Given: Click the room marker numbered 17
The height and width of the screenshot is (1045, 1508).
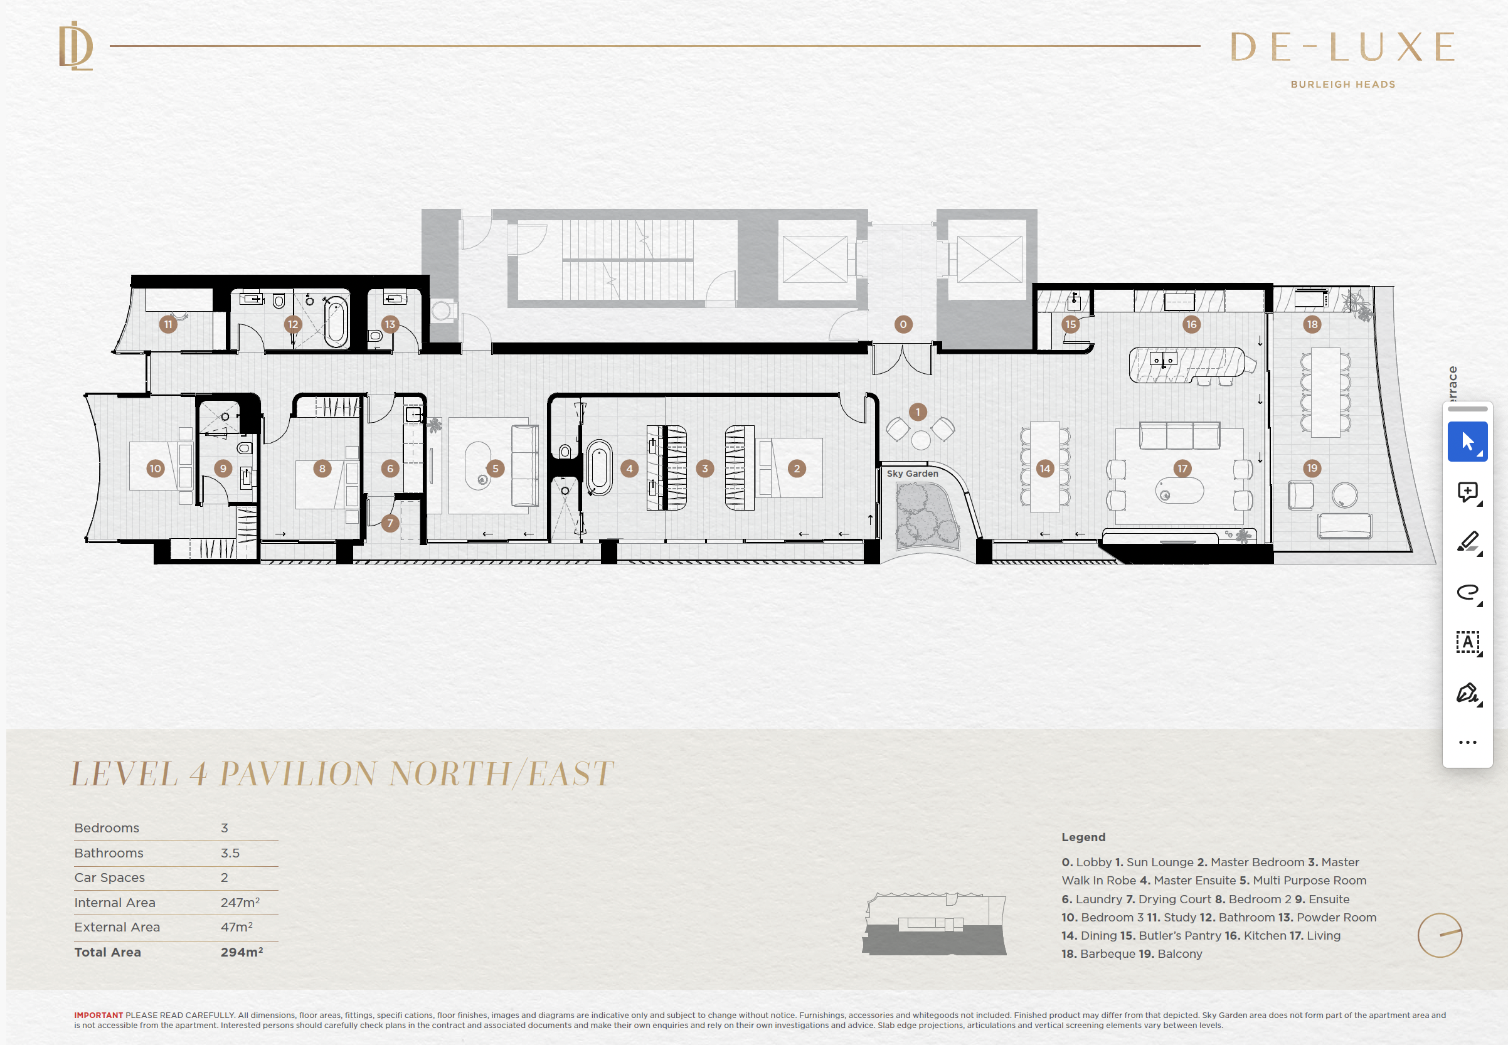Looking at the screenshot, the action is click(x=1182, y=468).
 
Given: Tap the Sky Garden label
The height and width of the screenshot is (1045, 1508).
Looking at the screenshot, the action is click(x=912, y=474).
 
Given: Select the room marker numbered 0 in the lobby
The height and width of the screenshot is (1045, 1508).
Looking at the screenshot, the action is click(x=903, y=324).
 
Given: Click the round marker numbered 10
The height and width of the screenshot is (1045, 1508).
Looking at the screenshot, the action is click(x=155, y=468).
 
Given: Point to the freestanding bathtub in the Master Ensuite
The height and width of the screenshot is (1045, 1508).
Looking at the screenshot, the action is click(x=598, y=467).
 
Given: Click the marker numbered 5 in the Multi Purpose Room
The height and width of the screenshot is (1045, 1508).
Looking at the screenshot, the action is click(x=495, y=468).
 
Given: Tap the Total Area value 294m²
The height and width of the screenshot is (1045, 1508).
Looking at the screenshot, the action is click(x=242, y=952).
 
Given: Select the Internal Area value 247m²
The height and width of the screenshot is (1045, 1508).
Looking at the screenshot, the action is click(x=240, y=902).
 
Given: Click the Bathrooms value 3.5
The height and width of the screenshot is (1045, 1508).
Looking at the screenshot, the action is click(x=230, y=853).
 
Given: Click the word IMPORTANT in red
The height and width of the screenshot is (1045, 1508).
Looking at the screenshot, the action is click(x=98, y=1015).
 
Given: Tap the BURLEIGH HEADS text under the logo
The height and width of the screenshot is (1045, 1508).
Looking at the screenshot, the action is click(x=1342, y=85).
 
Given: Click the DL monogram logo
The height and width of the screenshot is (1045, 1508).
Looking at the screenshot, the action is click(x=76, y=46).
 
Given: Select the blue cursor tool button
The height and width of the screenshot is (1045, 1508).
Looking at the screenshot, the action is click(x=1467, y=442).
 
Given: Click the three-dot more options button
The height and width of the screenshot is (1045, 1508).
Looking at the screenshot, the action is click(x=1467, y=742).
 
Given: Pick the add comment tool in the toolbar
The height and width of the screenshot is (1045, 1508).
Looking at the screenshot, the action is click(x=1468, y=492).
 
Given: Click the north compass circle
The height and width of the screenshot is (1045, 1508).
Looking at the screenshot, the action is click(x=1439, y=935).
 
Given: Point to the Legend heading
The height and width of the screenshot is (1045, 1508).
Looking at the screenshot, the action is click(x=1083, y=837).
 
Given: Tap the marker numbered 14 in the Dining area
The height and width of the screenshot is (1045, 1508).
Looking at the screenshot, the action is click(x=1044, y=468).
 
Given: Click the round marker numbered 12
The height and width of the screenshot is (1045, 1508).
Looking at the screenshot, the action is click(x=293, y=324).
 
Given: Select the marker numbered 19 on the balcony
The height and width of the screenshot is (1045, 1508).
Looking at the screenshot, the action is click(x=1312, y=468).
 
